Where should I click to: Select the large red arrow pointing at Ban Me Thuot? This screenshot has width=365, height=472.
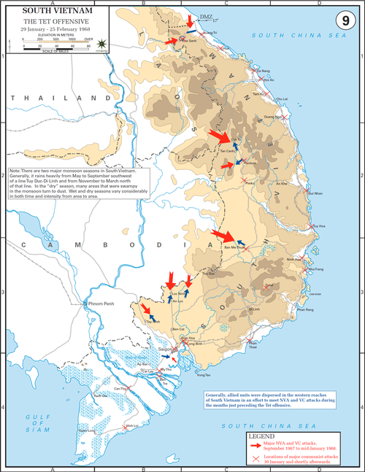click(x=223, y=236)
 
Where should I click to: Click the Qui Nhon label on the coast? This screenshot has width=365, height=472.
click(x=315, y=194)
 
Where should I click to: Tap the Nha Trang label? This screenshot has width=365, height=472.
click(x=315, y=269)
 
